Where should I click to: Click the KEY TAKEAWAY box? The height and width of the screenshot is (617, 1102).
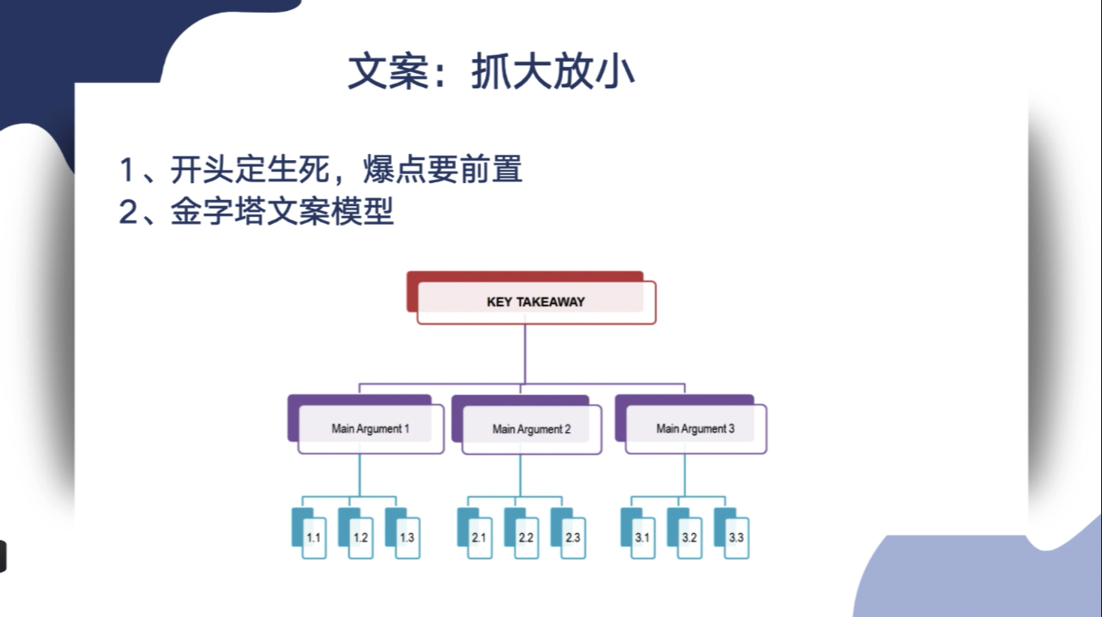click(532, 297)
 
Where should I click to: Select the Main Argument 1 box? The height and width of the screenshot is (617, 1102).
click(366, 424)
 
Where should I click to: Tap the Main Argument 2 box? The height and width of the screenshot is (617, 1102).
click(527, 425)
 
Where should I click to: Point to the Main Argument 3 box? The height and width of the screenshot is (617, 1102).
click(691, 424)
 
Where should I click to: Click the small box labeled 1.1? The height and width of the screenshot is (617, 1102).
click(309, 533)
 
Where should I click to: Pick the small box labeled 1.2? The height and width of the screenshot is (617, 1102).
click(356, 533)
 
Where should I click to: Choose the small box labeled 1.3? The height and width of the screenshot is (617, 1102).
click(403, 533)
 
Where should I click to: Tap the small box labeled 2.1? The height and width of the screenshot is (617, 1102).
click(475, 533)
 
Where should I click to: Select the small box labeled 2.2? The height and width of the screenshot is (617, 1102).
click(521, 533)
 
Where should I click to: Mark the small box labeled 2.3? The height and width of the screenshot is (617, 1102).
click(568, 533)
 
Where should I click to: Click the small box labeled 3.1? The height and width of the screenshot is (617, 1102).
click(638, 533)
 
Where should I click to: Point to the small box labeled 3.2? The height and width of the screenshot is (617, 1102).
click(685, 533)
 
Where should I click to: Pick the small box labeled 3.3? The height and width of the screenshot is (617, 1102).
click(732, 533)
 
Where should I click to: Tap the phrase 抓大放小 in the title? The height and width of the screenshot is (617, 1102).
click(553, 72)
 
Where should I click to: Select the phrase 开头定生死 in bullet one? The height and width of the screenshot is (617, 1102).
click(249, 170)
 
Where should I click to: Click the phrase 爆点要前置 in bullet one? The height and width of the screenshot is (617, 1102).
click(442, 170)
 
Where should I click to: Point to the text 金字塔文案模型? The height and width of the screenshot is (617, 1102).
click(282, 212)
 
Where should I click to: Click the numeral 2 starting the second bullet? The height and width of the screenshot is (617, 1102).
click(128, 213)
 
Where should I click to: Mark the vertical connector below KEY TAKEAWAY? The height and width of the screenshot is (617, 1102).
click(525, 353)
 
